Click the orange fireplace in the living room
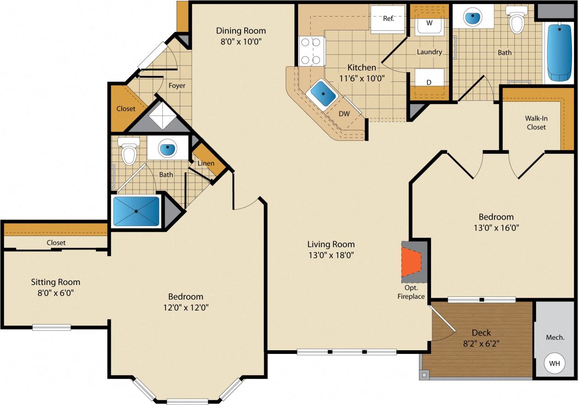point(411,262)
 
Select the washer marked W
point(430,23)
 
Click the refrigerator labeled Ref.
point(388,19)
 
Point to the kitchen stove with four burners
point(311,51)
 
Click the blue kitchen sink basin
point(322,93)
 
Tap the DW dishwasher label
point(344,114)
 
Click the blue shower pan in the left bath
point(136,211)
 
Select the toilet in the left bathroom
point(129,152)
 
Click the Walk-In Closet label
point(536,122)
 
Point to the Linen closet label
point(206,163)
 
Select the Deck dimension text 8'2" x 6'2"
point(481,343)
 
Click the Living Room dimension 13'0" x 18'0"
point(331,255)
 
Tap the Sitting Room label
point(55,282)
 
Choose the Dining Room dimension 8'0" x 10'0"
point(241,40)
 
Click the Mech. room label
point(555,337)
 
